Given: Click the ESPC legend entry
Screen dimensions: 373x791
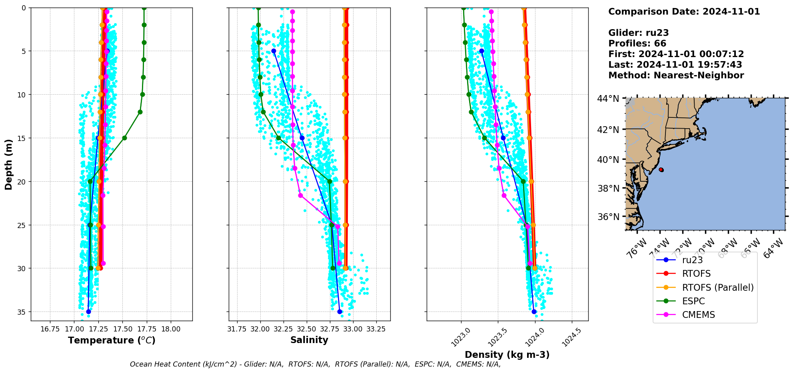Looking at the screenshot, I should [693, 301].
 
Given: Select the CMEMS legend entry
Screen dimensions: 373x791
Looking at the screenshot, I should [698, 315].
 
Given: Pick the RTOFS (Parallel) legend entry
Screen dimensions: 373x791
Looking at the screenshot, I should [717, 288].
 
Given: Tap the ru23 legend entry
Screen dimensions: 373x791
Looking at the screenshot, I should [692, 260].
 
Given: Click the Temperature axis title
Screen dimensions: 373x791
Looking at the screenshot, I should [112, 341].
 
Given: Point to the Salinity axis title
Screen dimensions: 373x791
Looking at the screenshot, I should [309, 340].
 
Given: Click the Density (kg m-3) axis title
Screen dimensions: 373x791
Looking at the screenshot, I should [507, 355].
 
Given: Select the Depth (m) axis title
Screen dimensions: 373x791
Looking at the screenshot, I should [8, 165].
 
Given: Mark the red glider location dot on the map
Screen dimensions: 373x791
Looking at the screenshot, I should [661, 170].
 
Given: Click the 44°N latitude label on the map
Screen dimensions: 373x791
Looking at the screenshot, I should [608, 98].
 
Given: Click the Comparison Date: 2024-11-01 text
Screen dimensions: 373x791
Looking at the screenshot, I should [684, 12].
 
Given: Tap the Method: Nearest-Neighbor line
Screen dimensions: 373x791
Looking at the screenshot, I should [676, 75].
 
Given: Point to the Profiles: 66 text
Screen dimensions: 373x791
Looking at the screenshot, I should [637, 44].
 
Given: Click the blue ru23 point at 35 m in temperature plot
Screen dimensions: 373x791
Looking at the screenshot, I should [88, 311].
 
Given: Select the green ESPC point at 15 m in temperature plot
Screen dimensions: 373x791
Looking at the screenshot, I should [124, 138].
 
